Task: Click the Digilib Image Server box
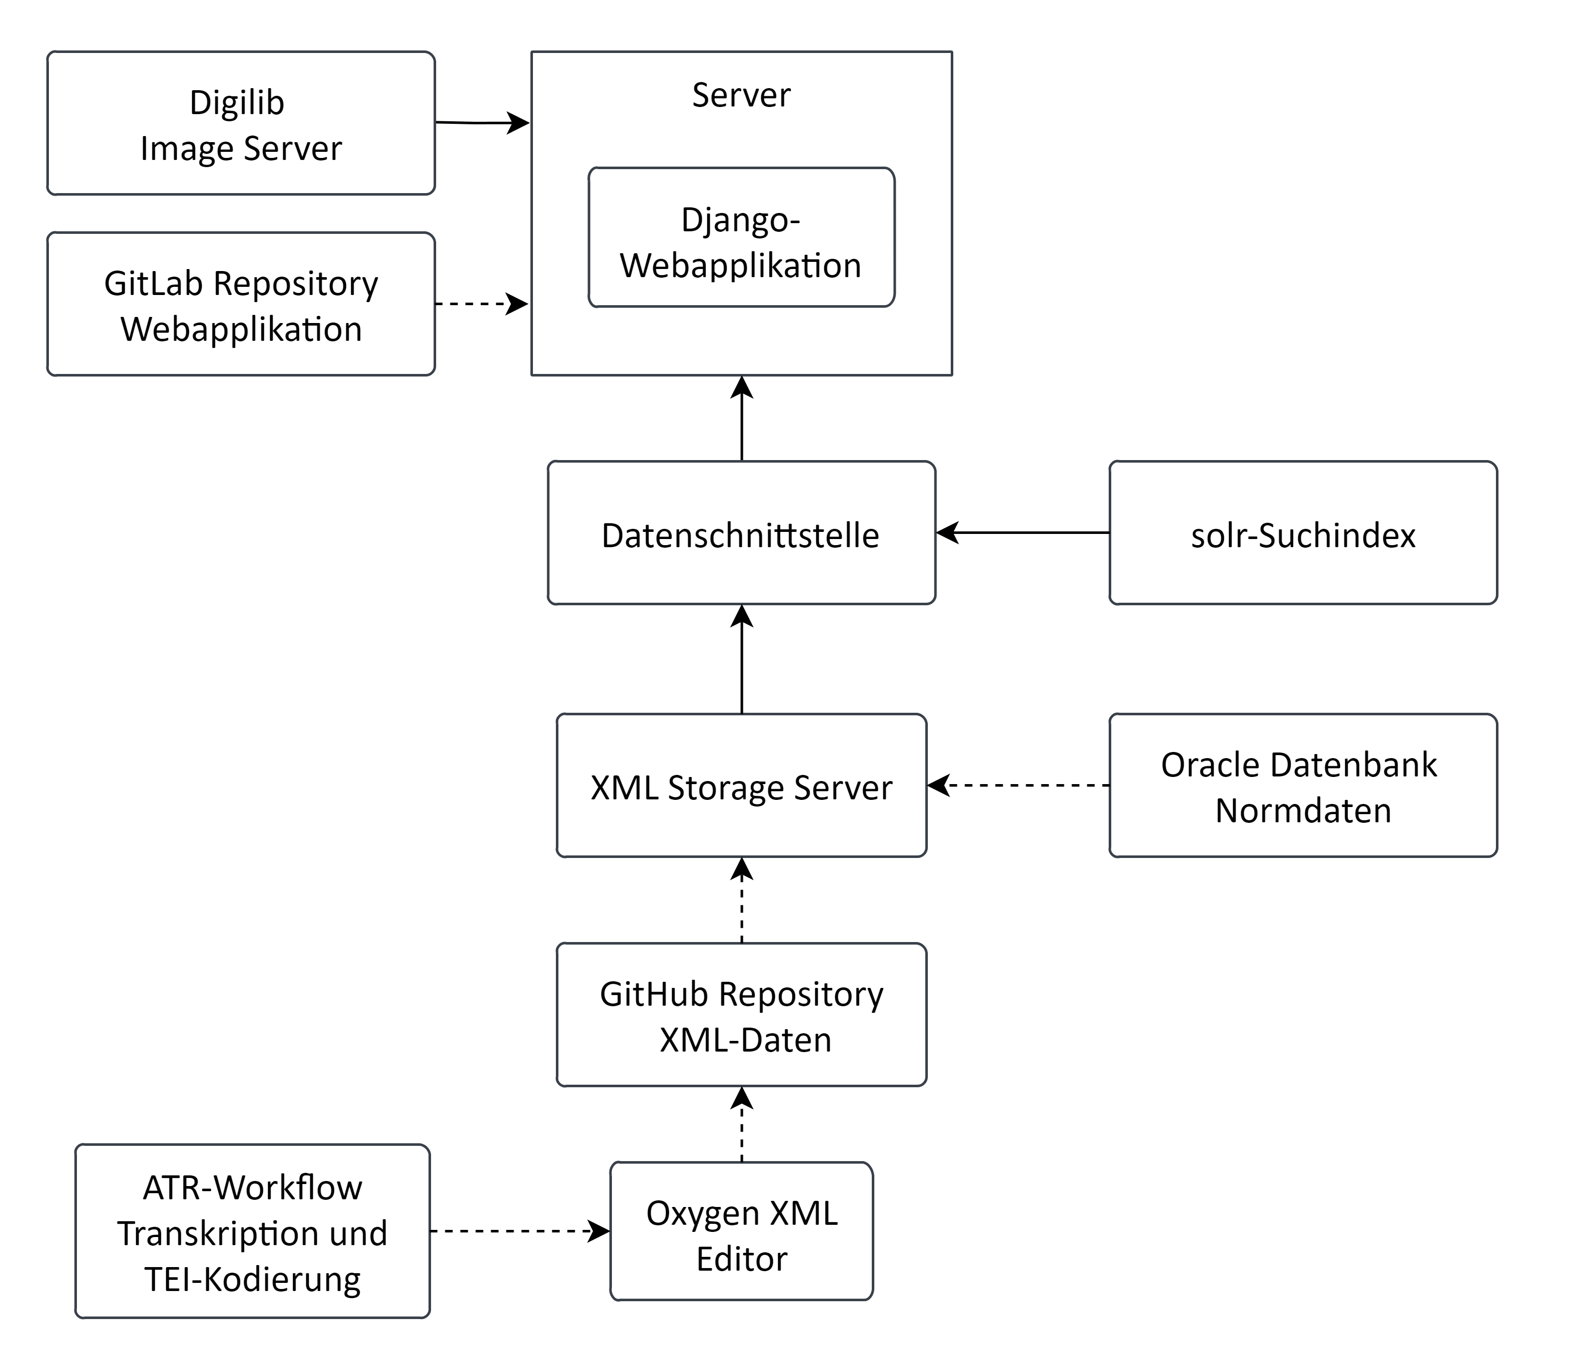pyautogui.click(x=241, y=124)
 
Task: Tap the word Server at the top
pyautogui.click(x=741, y=96)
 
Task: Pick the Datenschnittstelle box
pyautogui.click(x=741, y=533)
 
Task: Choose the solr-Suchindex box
pyautogui.click(x=1302, y=533)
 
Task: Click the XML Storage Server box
pyautogui.click(x=741, y=786)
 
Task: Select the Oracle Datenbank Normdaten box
pyautogui.click(x=1302, y=786)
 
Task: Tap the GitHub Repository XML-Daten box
pyautogui.click(x=741, y=1015)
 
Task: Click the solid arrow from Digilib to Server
pyautogui.click(x=481, y=122)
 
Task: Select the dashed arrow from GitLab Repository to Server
pyautogui.click(x=481, y=304)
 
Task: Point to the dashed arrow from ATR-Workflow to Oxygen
pyautogui.click(x=520, y=1231)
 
